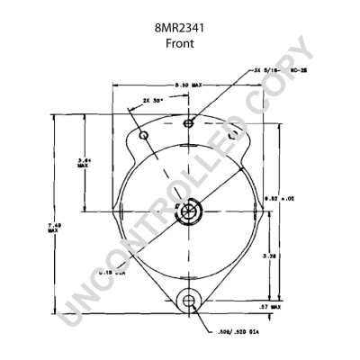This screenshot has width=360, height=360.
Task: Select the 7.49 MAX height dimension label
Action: click(x=53, y=229)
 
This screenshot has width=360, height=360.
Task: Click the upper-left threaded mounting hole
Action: click(x=144, y=135)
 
